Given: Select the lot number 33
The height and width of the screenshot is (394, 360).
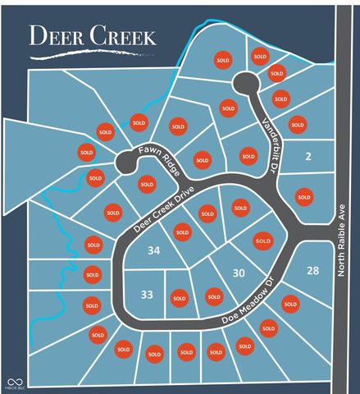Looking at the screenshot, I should [147, 293].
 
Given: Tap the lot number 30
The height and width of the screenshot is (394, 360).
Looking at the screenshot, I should [239, 273].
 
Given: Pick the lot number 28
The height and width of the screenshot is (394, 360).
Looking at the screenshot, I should [312, 271].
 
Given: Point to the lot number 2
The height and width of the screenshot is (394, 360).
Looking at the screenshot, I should [308, 156].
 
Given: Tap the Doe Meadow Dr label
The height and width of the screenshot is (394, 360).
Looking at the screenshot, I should [245, 306].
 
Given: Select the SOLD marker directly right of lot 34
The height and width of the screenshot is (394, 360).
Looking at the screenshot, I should [182, 232].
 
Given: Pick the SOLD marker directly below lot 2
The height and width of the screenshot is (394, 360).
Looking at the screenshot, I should [303, 196].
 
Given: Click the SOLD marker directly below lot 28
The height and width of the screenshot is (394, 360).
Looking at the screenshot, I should [289, 304].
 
